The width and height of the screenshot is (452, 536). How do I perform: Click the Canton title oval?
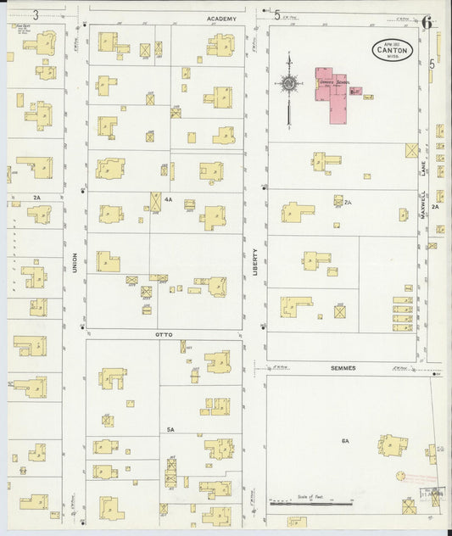(x=391, y=49)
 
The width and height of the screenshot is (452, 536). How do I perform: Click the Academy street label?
(x=220, y=18)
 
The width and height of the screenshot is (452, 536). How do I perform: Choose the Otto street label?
(x=165, y=334)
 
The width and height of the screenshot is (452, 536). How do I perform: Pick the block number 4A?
(x=168, y=200)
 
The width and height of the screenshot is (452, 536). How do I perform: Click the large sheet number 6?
(x=427, y=23)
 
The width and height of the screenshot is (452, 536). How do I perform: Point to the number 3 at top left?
(x=36, y=14)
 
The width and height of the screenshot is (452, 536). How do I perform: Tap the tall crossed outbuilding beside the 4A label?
(x=155, y=203)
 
